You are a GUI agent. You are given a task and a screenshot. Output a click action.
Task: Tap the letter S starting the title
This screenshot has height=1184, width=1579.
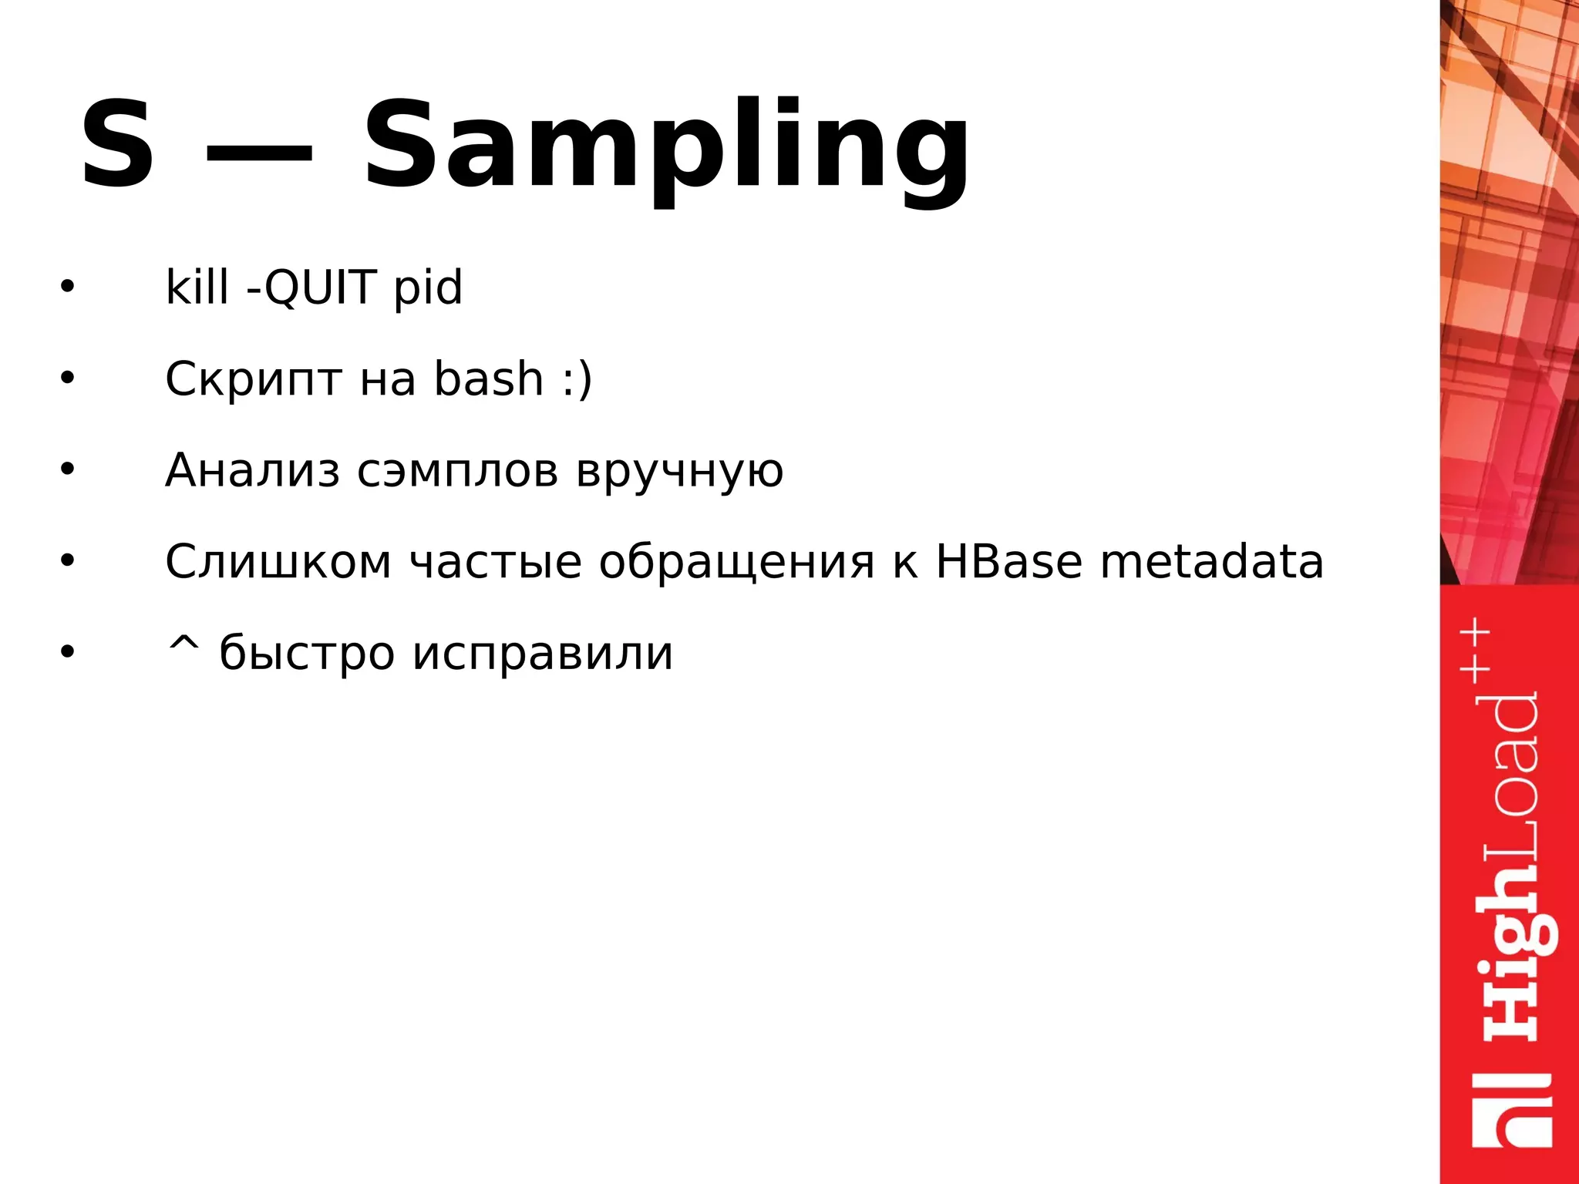[x=117, y=145]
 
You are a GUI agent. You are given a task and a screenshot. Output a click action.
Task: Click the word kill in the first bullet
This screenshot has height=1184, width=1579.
[x=197, y=287]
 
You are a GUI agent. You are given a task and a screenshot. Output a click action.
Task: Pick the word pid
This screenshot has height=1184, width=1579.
[x=428, y=288]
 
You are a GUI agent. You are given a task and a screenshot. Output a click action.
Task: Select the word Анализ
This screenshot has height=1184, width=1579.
[x=252, y=470]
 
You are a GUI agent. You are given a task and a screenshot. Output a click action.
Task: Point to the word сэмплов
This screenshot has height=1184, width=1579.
[x=458, y=472]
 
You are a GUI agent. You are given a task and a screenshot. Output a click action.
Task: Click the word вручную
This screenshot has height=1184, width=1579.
[x=680, y=472]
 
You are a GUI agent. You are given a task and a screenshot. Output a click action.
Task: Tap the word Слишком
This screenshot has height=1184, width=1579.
[x=278, y=561]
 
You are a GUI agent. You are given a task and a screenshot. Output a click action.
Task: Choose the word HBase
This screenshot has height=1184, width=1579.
[x=1009, y=561]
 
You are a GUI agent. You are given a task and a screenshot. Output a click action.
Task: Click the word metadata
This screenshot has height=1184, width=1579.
[x=1212, y=561]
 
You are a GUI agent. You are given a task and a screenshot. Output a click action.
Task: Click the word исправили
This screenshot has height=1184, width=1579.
[x=543, y=654]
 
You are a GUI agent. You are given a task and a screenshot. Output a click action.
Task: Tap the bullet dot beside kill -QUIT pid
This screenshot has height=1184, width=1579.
[x=68, y=287]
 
